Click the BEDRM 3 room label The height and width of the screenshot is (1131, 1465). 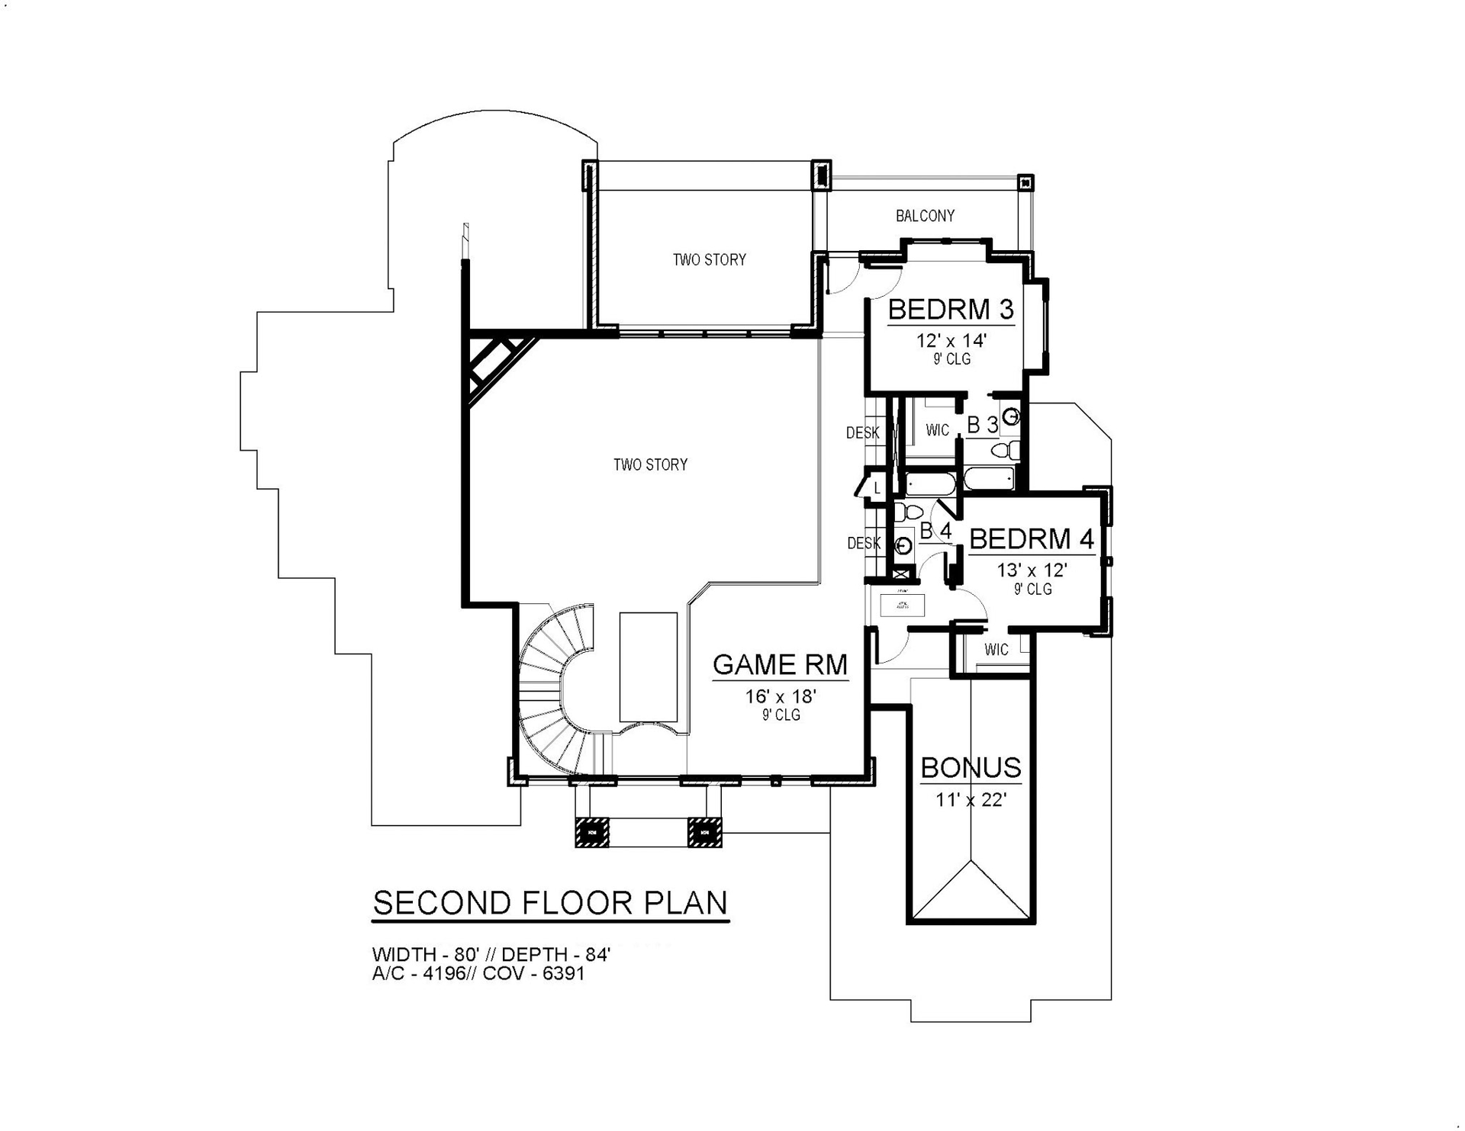coord(951,310)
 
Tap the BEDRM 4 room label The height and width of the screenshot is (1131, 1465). coord(1032,539)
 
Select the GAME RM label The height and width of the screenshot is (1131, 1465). coord(780,665)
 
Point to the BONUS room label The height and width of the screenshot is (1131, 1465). coord(971,768)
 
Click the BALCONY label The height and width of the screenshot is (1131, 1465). coord(925,216)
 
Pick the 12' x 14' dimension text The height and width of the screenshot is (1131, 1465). coord(951,340)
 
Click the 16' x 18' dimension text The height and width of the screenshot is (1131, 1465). coord(781,696)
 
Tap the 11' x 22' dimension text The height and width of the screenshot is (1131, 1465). coord(971,800)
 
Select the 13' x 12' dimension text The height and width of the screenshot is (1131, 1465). coord(1032,570)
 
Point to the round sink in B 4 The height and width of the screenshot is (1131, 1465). coord(904,545)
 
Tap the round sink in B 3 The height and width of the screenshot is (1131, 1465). coord(1011,416)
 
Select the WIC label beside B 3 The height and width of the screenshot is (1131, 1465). coord(937,430)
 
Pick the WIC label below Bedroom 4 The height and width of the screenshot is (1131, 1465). coord(996,650)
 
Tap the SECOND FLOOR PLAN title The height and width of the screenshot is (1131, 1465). coord(550,903)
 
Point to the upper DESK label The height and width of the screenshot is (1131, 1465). coord(862,433)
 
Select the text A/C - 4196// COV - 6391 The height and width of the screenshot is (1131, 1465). coord(478,974)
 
